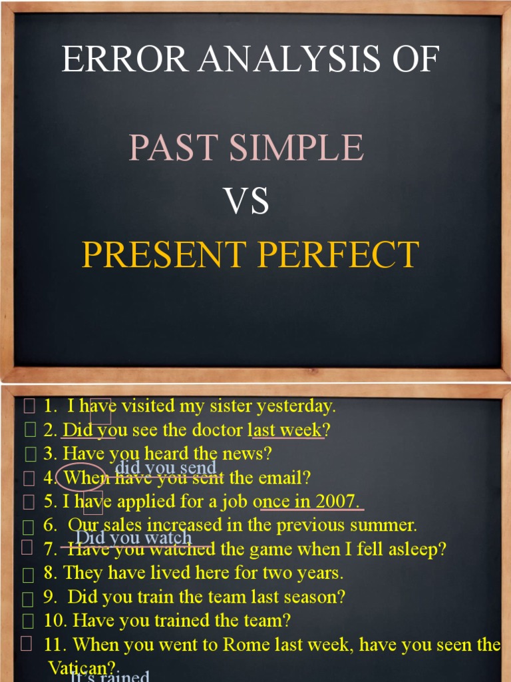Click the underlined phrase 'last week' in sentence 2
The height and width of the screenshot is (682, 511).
(287, 430)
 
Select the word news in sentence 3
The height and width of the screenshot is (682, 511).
(250, 454)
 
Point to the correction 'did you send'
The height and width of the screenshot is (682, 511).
(166, 468)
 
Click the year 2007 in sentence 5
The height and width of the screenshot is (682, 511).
(337, 502)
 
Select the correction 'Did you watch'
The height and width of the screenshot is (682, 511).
(134, 537)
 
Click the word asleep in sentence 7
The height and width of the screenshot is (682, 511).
(420, 549)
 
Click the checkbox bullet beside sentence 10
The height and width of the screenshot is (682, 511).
(27, 621)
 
